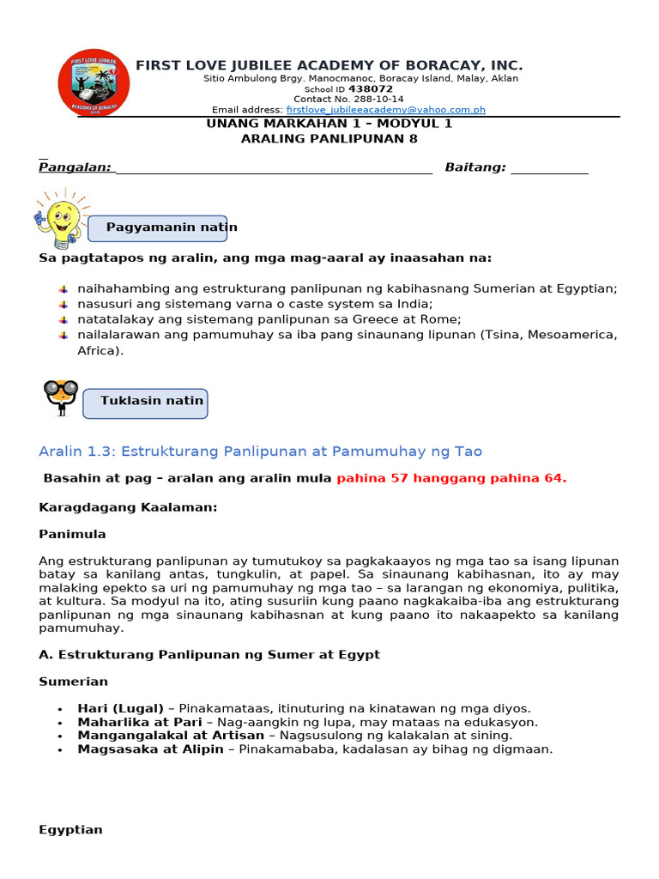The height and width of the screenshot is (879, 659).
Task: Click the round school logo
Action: click(x=94, y=83)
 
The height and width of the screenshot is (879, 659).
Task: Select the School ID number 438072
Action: click(x=371, y=88)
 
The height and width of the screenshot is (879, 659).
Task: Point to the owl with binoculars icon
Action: click(x=61, y=397)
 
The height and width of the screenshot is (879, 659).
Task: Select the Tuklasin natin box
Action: click(x=145, y=402)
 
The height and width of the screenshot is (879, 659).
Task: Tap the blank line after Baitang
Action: click(x=549, y=169)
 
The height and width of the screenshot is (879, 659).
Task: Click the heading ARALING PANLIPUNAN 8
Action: click(x=329, y=138)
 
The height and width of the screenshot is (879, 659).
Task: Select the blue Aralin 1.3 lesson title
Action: click(x=260, y=452)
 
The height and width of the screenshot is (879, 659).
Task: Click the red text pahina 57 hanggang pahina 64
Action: click(x=451, y=479)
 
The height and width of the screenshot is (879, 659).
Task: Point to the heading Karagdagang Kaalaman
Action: click(x=128, y=507)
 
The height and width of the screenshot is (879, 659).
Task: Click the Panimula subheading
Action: click(x=72, y=534)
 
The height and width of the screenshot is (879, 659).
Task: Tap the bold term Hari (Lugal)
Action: click(x=120, y=708)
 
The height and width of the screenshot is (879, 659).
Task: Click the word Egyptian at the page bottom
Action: click(x=70, y=830)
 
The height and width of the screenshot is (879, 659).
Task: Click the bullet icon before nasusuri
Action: click(x=63, y=304)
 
